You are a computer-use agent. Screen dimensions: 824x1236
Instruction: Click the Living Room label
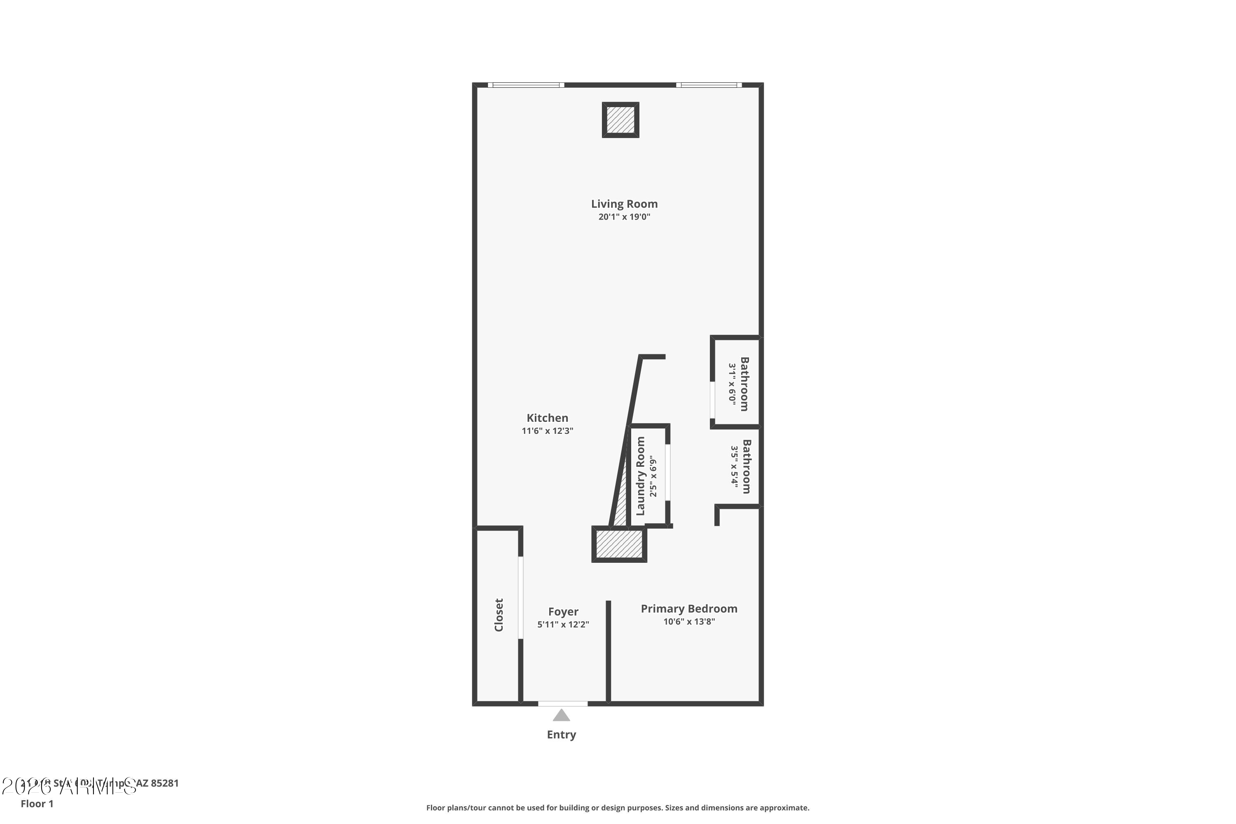(x=624, y=204)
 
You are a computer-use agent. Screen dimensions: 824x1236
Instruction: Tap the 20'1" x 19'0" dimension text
(x=624, y=217)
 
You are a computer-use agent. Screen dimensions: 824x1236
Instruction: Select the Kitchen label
(x=547, y=418)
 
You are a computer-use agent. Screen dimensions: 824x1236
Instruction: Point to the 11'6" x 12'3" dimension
(x=547, y=431)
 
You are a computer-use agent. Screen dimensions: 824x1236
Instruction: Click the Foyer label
(x=563, y=612)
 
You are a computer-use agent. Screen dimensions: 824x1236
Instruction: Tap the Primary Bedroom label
(x=688, y=609)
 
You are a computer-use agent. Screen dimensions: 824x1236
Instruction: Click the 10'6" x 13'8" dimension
(x=688, y=622)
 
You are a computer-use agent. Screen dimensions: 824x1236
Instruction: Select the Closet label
(x=499, y=615)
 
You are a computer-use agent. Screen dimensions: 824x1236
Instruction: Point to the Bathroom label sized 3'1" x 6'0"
(x=744, y=384)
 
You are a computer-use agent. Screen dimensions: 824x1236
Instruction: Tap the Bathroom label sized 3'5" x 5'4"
(x=746, y=467)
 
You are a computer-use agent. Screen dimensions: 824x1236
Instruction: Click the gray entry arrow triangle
(x=561, y=716)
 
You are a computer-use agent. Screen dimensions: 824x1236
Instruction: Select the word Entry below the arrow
(x=561, y=735)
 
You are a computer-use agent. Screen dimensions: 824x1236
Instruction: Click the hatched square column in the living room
(x=620, y=120)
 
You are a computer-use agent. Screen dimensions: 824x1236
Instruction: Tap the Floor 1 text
(x=37, y=803)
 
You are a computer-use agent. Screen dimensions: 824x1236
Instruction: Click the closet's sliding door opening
(x=521, y=597)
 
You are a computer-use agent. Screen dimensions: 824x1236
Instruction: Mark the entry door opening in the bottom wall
(x=562, y=704)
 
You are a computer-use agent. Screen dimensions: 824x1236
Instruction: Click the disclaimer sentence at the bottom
(x=618, y=808)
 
